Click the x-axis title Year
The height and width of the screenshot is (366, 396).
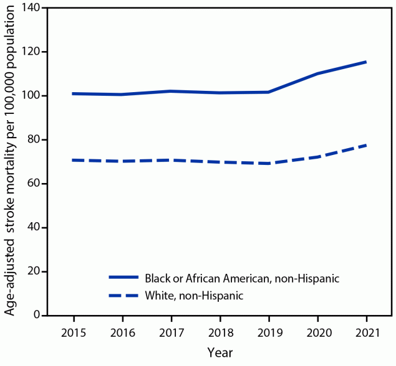220,352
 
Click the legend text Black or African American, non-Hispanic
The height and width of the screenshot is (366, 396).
242,278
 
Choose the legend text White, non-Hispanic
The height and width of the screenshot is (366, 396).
193,296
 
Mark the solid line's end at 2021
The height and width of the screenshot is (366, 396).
366,62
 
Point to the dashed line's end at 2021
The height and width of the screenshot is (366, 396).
366,145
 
